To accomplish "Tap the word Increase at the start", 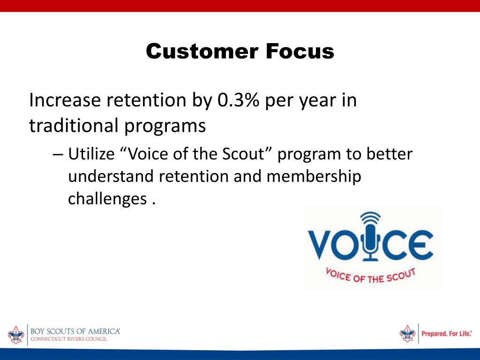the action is pyautogui.click(x=65, y=100).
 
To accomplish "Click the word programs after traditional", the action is pyautogui.click(x=165, y=127).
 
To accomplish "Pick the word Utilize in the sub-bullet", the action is pyautogui.click(x=91, y=153).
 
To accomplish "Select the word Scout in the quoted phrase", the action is pyautogui.click(x=243, y=153).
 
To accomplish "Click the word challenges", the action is pyautogui.click(x=107, y=200).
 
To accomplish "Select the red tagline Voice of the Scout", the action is pyautogui.click(x=371, y=276).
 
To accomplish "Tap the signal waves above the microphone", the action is pyautogui.click(x=370, y=217).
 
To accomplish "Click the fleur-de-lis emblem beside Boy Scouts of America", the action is pyautogui.click(x=16, y=335).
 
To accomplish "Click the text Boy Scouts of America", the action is pyautogui.click(x=75, y=331).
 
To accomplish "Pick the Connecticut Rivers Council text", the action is pyautogui.click(x=69, y=339).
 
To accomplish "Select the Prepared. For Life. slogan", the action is pyautogui.click(x=447, y=333).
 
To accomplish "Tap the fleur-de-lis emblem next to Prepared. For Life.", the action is pyautogui.click(x=408, y=333).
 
